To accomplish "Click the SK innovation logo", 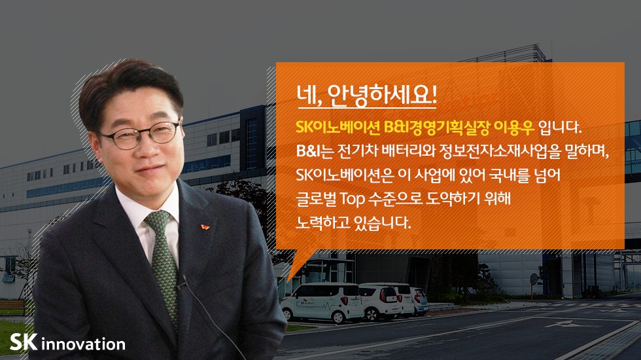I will click(67, 343).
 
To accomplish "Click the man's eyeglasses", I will click(139, 135).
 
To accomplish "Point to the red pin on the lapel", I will click(205, 227).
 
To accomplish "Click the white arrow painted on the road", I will click(563, 324).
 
